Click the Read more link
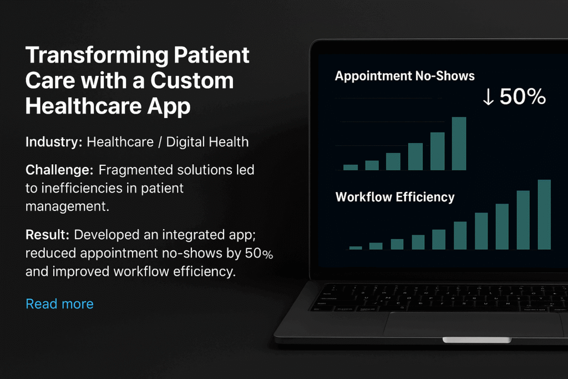(x=59, y=304)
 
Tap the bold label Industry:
(x=54, y=142)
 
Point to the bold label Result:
(x=47, y=234)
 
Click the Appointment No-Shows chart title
(x=404, y=75)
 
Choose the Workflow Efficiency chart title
(x=395, y=197)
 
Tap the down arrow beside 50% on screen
(x=488, y=97)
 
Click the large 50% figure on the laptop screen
(x=523, y=97)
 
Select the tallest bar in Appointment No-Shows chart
(x=459, y=144)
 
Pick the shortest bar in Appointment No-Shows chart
(x=351, y=167)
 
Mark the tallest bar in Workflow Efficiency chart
(x=544, y=214)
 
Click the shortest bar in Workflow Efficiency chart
(x=356, y=247)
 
